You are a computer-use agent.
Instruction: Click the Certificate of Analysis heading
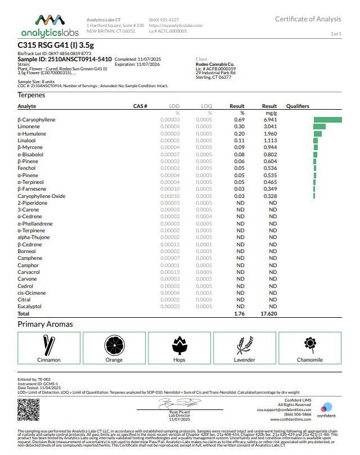308,19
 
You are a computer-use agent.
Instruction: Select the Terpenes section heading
31,95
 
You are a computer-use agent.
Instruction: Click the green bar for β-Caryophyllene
327,120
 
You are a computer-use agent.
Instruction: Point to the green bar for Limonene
319,127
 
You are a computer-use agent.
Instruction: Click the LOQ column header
206,106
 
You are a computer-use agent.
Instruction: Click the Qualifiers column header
298,106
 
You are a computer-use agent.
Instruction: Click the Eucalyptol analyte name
30,307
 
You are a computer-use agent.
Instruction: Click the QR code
29,410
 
